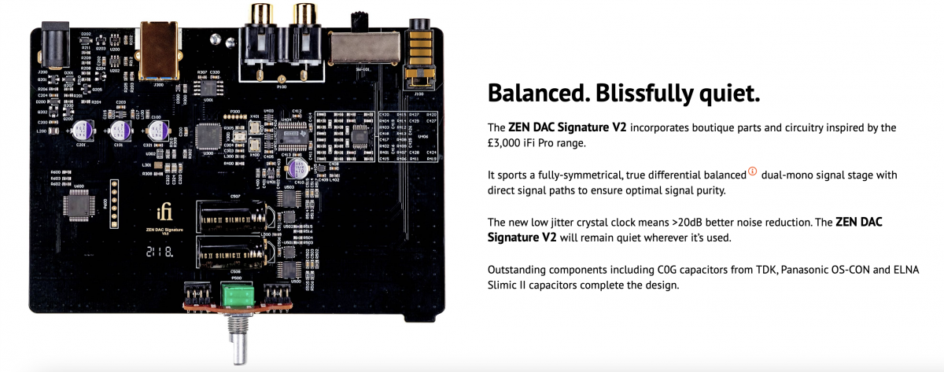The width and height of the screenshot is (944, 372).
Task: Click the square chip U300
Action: tap(208, 134)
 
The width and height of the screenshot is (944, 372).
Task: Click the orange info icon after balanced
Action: tap(752, 172)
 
